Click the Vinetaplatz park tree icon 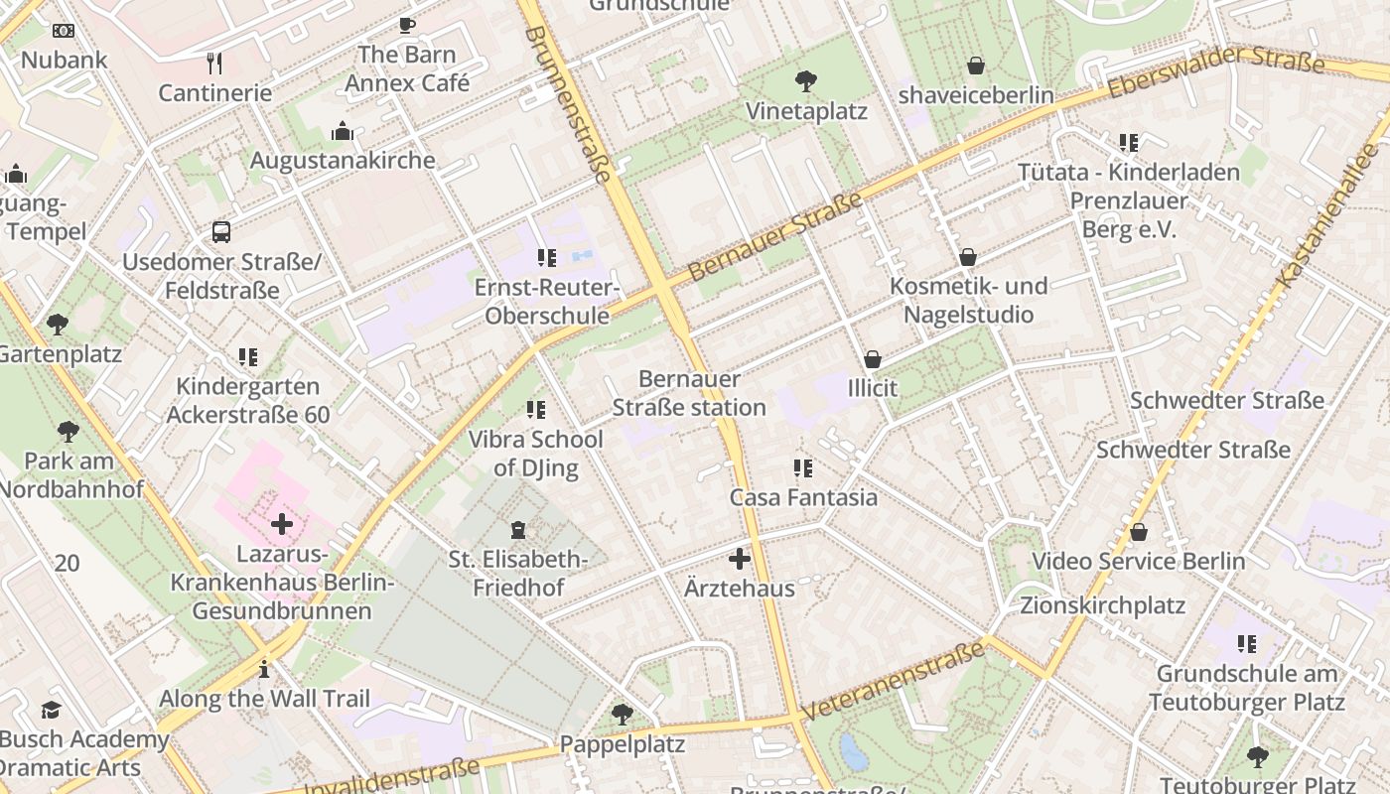point(806,81)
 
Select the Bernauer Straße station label point(689,393)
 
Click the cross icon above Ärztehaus point(740,559)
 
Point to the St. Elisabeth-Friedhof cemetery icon point(517,530)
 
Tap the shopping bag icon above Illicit point(873,359)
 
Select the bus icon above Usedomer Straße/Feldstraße point(221,232)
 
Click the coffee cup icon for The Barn point(406,25)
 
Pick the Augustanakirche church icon point(343,131)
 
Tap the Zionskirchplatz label point(1102,604)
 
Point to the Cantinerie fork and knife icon point(214,64)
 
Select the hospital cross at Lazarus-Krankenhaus point(282,523)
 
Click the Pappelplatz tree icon point(623,714)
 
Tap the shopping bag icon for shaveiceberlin point(976,66)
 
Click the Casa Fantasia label point(803,497)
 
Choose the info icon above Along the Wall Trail point(263,669)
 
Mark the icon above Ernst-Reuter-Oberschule point(546,258)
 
